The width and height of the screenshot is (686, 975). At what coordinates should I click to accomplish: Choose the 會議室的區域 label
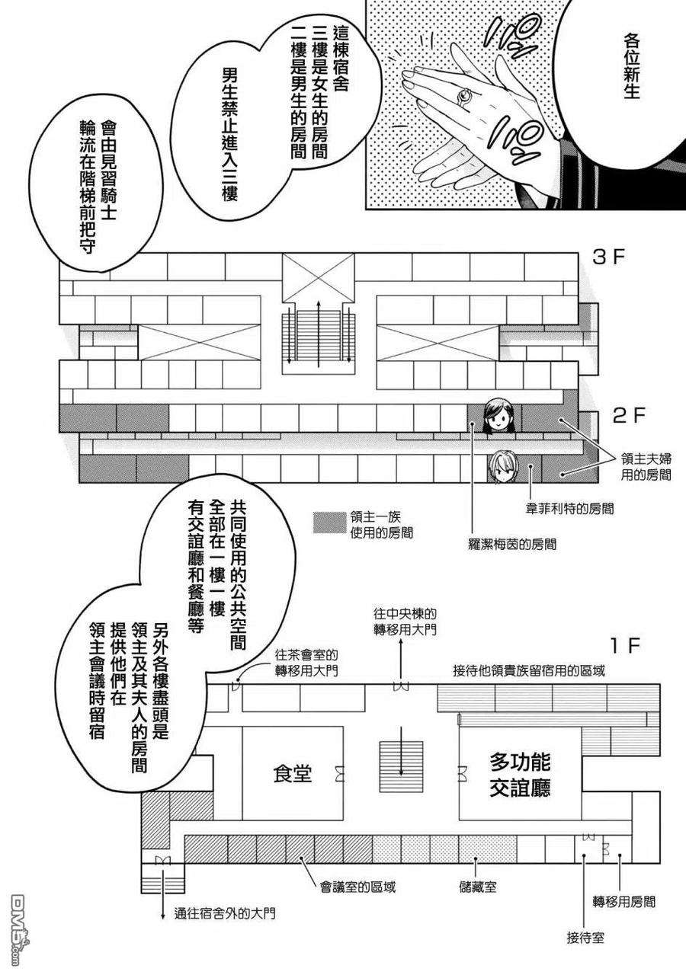click(x=358, y=887)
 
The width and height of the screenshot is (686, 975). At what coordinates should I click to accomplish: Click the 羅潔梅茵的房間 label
click(x=511, y=544)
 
